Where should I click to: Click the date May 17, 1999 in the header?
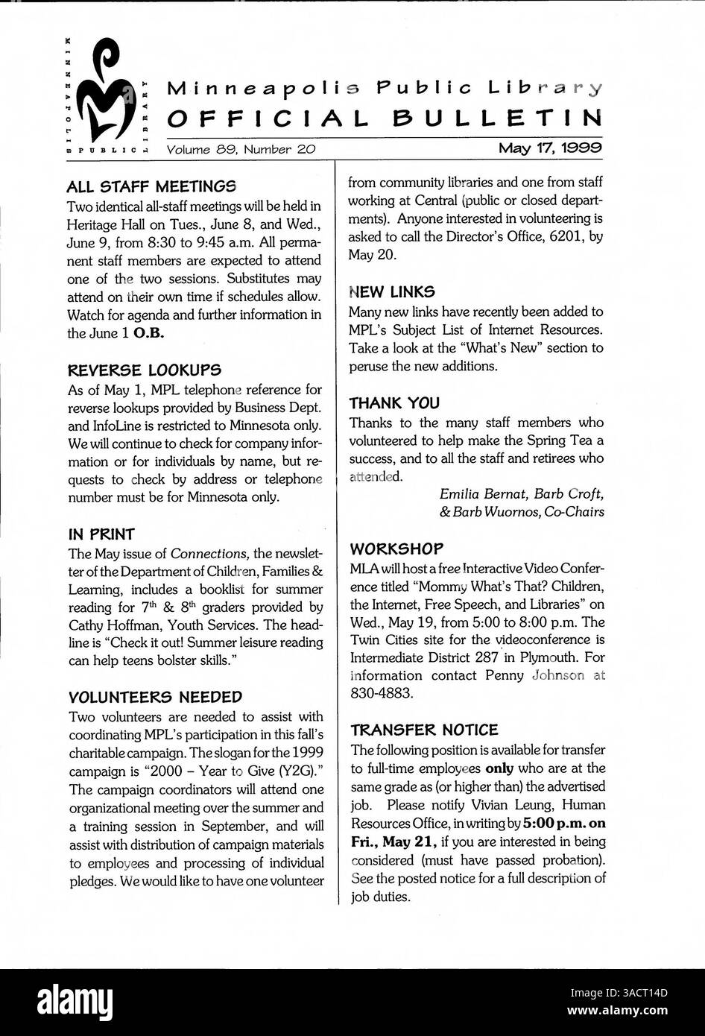(551, 148)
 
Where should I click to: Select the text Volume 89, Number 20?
(241, 149)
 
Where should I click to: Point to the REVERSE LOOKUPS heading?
(144, 370)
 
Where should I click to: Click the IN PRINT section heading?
(101, 534)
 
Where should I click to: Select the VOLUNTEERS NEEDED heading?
(155, 698)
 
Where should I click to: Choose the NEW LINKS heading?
(392, 291)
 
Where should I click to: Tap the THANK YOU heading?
(394, 403)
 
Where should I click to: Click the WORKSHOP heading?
(396, 549)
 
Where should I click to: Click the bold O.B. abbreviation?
(148, 333)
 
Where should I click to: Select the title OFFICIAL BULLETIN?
(384, 119)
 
